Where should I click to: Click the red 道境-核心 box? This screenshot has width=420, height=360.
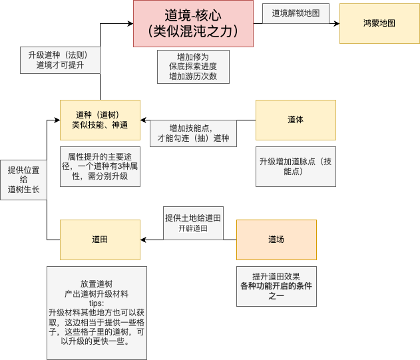point(193,23)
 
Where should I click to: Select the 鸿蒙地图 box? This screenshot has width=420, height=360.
point(379,23)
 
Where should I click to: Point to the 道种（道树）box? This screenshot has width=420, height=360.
point(100,120)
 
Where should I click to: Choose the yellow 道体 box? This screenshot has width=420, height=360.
point(296,120)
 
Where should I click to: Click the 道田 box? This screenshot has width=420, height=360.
point(100,240)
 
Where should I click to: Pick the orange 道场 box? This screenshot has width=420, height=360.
point(276,240)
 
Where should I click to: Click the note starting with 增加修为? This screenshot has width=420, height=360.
point(193,67)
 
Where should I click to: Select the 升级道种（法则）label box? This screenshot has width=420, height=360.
point(60,60)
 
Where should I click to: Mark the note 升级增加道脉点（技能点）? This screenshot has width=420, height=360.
point(296,166)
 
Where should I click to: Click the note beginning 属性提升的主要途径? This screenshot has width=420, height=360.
point(100,166)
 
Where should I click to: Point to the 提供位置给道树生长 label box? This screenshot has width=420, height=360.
point(23,180)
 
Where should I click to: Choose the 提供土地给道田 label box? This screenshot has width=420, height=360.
point(192,223)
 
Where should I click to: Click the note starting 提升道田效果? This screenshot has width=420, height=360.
point(276,286)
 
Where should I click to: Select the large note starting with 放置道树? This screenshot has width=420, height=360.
point(97,312)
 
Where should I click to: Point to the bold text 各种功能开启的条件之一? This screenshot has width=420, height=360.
point(276,291)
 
